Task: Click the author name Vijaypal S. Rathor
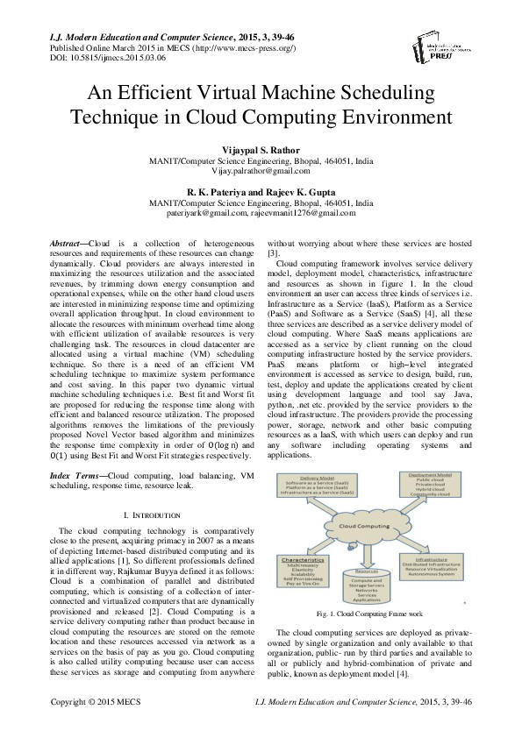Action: click(261, 150)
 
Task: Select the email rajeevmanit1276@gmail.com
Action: click(306, 211)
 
